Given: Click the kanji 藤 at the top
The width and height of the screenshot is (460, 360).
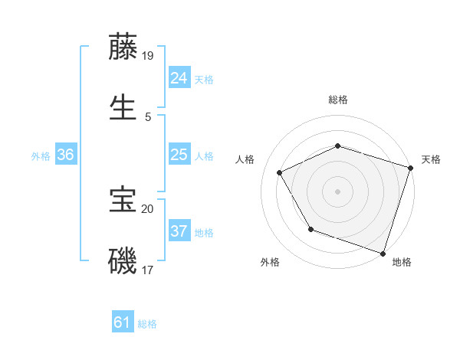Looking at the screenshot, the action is click(x=123, y=47).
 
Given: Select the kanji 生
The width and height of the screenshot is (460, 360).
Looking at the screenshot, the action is click(x=123, y=108).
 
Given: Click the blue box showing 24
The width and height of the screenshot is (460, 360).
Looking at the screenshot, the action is click(x=179, y=77).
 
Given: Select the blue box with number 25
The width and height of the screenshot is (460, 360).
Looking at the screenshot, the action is click(x=179, y=155).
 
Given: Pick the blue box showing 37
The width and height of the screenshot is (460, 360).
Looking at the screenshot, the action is click(x=179, y=231).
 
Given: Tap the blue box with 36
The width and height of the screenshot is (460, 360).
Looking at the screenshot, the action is click(x=65, y=155).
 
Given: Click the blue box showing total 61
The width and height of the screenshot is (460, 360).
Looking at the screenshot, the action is click(x=122, y=322).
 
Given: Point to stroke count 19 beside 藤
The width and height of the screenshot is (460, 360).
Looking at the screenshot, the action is click(x=148, y=55).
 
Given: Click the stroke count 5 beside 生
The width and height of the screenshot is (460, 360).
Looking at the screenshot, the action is click(x=148, y=116).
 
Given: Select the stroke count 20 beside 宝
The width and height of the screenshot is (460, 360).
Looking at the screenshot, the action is click(x=148, y=208).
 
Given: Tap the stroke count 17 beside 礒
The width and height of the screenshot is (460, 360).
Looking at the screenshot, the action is click(x=148, y=270).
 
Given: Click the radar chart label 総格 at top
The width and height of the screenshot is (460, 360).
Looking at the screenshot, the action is click(x=338, y=100).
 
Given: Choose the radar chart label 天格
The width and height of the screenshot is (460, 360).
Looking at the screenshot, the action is click(x=431, y=159).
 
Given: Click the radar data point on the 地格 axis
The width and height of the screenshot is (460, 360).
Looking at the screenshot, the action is click(x=383, y=252).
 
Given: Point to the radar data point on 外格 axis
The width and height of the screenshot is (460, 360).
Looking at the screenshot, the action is click(x=310, y=229).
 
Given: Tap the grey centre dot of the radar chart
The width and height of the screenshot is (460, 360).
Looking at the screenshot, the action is click(x=337, y=191).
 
